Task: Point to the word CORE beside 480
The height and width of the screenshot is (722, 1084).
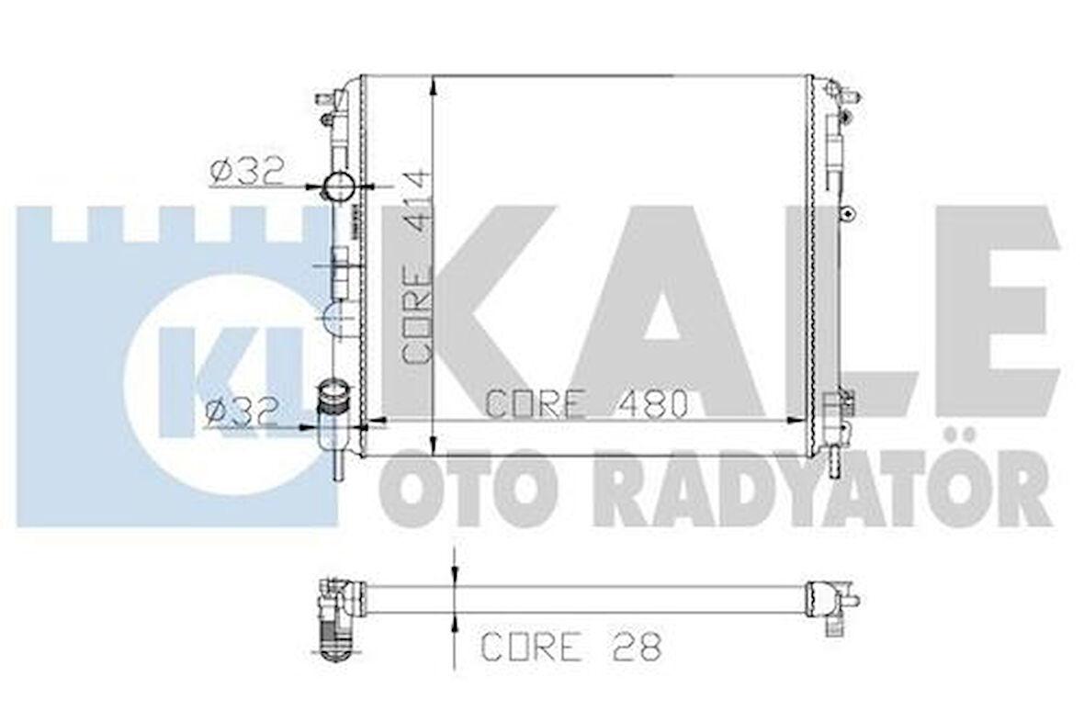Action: (536, 403)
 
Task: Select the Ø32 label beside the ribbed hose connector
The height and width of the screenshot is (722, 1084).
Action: (241, 412)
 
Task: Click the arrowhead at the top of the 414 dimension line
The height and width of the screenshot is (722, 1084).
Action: (432, 85)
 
